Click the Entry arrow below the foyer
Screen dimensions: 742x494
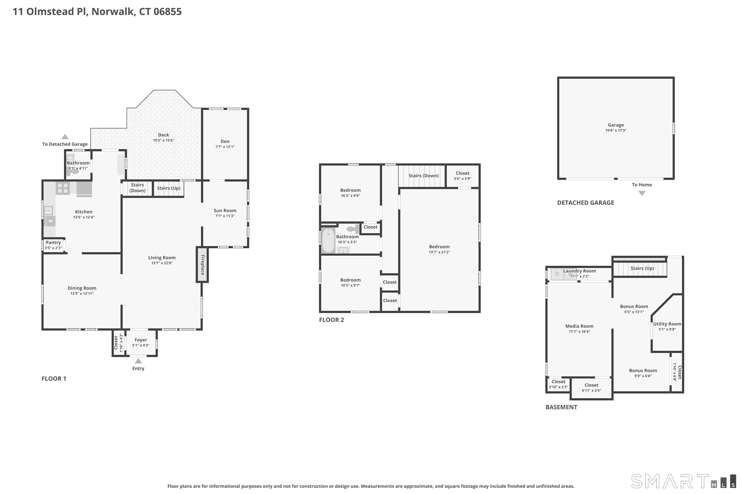[x=138, y=361]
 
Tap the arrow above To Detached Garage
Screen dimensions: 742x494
[x=65, y=137]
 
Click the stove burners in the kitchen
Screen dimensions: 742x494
[x=63, y=188]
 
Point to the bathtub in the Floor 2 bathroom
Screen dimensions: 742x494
[x=328, y=241]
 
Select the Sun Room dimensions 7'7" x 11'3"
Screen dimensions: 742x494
[x=225, y=216]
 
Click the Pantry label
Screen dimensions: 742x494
[x=53, y=243]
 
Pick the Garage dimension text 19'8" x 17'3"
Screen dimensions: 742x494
[x=616, y=130]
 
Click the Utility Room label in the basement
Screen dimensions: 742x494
[x=667, y=324]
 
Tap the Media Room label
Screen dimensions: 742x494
[x=579, y=326]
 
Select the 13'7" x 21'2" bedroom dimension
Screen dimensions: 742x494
[x=439, y=252]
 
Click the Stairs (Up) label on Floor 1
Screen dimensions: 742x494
[x=169, y=188]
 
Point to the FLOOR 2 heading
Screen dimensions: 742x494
[x=332, y=320]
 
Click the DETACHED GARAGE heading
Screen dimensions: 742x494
[x=585, y=203]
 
